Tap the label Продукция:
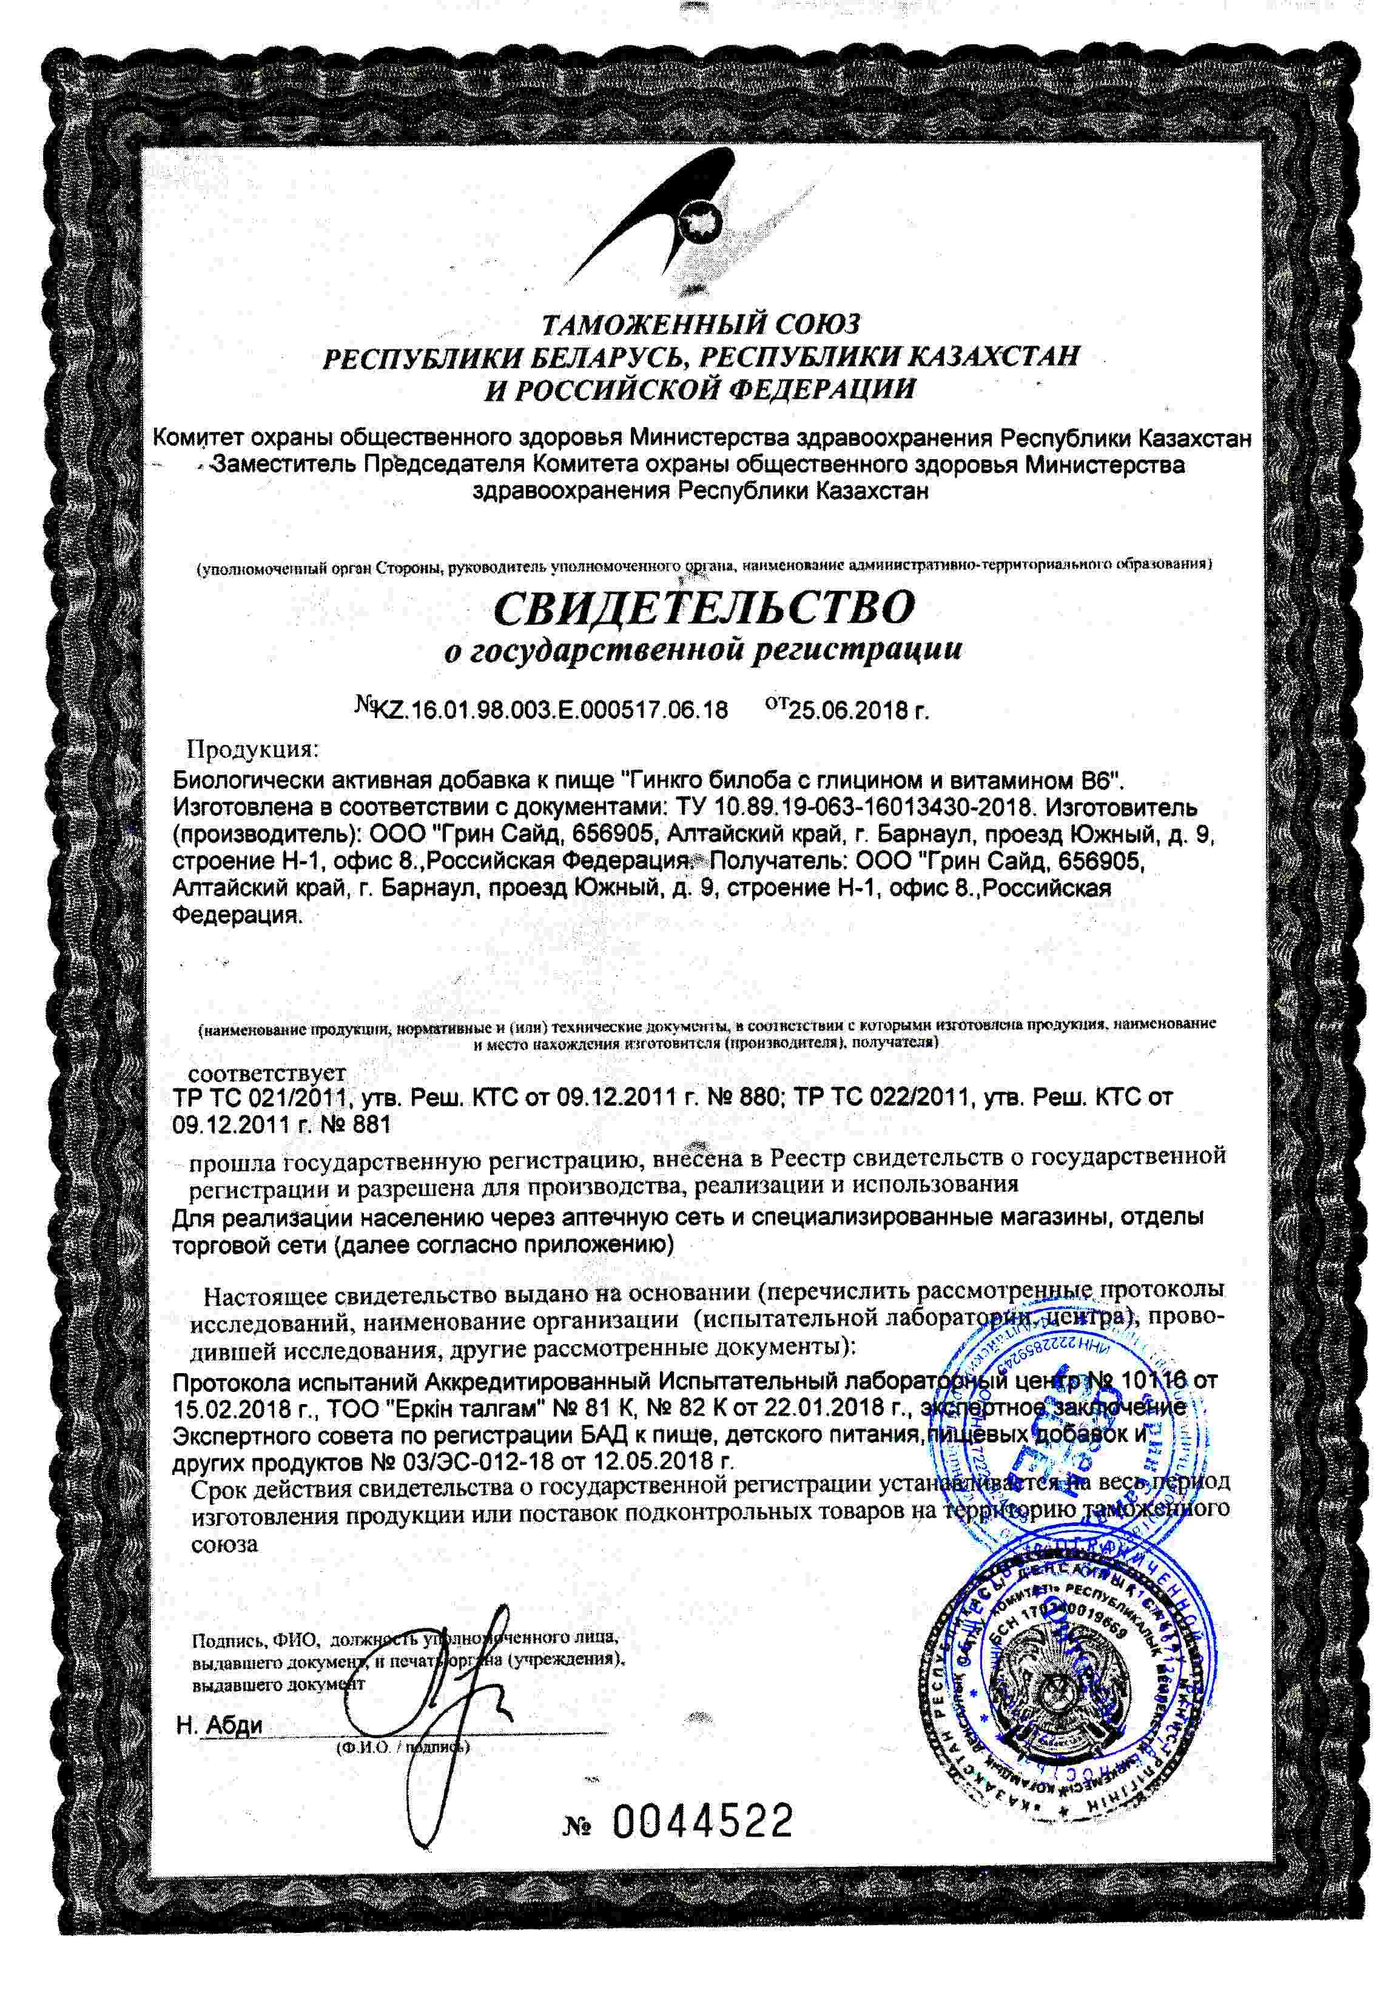point(252,750)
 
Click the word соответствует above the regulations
point(267,1072)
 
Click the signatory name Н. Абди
point(219,1724)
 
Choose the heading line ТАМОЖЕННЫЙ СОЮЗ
point(701,324)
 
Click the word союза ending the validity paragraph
point(224,1544)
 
